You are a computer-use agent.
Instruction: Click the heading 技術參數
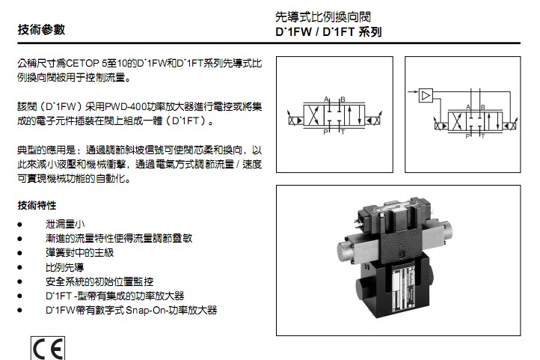[x=41, y=30]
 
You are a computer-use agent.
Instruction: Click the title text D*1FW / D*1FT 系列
[x=328, y=32]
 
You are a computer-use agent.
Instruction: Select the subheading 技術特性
[x=37, y=206]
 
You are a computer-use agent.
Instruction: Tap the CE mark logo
[x=48, y=349]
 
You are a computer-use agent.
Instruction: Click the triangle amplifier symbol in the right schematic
[x=426, y=95]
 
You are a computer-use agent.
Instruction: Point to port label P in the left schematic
[x=325, y=132]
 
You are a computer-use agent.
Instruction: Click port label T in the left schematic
[x=343, y=132]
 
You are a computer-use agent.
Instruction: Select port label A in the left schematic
[x=326, y=100]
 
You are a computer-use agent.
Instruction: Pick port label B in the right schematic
[x=483, y=107]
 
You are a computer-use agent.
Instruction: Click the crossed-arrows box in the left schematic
[x=313, y=116]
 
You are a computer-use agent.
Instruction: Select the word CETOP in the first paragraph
[x=82, y=64]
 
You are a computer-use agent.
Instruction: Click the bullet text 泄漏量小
[x=65, y=225]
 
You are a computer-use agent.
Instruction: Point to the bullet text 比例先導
[x=65, y=267]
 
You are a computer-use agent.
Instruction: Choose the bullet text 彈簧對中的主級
[x=79, y=253]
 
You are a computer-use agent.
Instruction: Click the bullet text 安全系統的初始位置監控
[x=99, y=281]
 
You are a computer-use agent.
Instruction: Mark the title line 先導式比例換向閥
[x=323, y=17]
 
